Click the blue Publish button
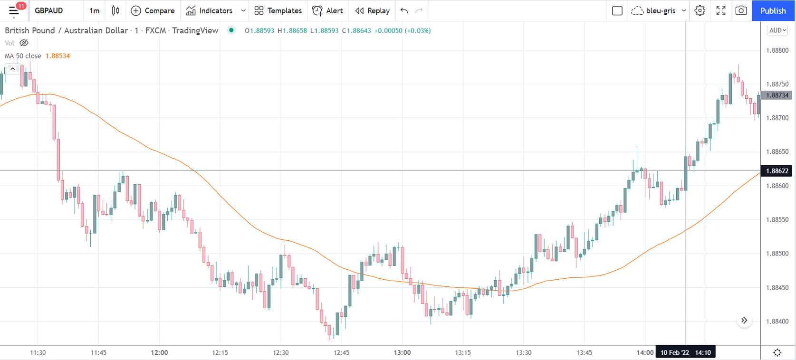(773, 10)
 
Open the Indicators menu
(210, 10)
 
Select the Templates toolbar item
(278, 10)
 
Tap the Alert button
(328, 10)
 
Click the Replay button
(373, 10)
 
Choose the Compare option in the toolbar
(153, 10)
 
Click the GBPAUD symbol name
(49, 10)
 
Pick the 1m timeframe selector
(95, 10)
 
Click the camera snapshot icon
(741, 10)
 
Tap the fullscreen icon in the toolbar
(720, 10)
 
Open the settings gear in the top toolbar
(700, 10)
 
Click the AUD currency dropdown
(777, 30)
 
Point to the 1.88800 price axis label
(777, 50)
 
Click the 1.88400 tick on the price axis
(777, 322)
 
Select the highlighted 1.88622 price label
(777, 171)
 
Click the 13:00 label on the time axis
(402, 352)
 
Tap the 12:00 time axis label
(159, 352)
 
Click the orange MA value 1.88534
(58, 56)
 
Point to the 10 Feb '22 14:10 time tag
(685, 352)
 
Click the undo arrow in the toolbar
(404, 10)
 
